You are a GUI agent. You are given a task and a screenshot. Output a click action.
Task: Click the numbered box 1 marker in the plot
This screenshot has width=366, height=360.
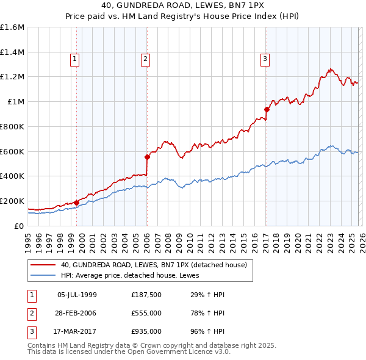tap(74, 59)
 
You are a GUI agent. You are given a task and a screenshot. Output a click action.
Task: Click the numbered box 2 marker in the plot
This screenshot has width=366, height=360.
tap(146, 59)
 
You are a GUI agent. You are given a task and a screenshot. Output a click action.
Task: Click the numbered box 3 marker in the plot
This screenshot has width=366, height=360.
tap(265, 59)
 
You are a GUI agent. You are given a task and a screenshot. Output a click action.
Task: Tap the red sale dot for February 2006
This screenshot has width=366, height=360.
tap(147, 157)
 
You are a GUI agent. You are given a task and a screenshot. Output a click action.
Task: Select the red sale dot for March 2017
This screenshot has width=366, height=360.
tap(267, 110)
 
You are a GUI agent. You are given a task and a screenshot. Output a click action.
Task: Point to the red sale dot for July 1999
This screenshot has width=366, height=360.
tap(76, 203)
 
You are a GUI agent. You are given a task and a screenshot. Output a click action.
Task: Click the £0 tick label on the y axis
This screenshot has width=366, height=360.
tap(19, 226)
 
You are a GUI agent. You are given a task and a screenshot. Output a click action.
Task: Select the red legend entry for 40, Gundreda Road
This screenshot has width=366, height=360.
tap(153, 265)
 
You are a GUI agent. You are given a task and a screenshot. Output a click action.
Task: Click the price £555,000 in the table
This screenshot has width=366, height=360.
tap(146, 313)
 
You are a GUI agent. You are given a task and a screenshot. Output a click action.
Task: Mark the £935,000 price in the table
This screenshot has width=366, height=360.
tap(146, 331)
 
